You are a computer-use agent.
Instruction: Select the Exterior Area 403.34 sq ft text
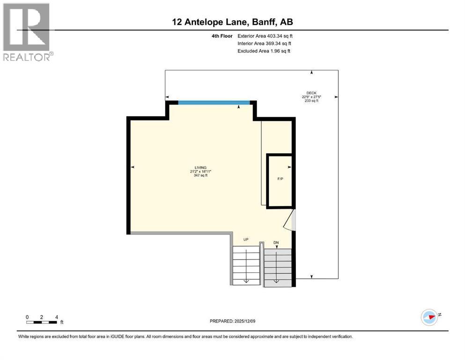266,36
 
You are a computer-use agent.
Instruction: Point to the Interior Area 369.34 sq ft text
265,43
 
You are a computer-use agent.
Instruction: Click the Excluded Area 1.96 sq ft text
264,51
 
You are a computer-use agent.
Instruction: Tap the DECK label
311,93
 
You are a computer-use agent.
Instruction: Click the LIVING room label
200,168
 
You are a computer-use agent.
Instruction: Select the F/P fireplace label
280,179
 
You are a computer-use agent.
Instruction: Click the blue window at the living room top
214,103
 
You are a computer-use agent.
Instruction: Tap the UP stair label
245,240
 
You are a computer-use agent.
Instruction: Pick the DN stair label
276,242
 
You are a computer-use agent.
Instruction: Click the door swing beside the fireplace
292,221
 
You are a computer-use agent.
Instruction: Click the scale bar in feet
42,322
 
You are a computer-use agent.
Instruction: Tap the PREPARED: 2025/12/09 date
232,321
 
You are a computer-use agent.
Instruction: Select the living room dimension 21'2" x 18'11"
200,172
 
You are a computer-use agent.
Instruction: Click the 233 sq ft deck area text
311,101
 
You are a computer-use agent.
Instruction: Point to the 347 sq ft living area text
200,175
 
